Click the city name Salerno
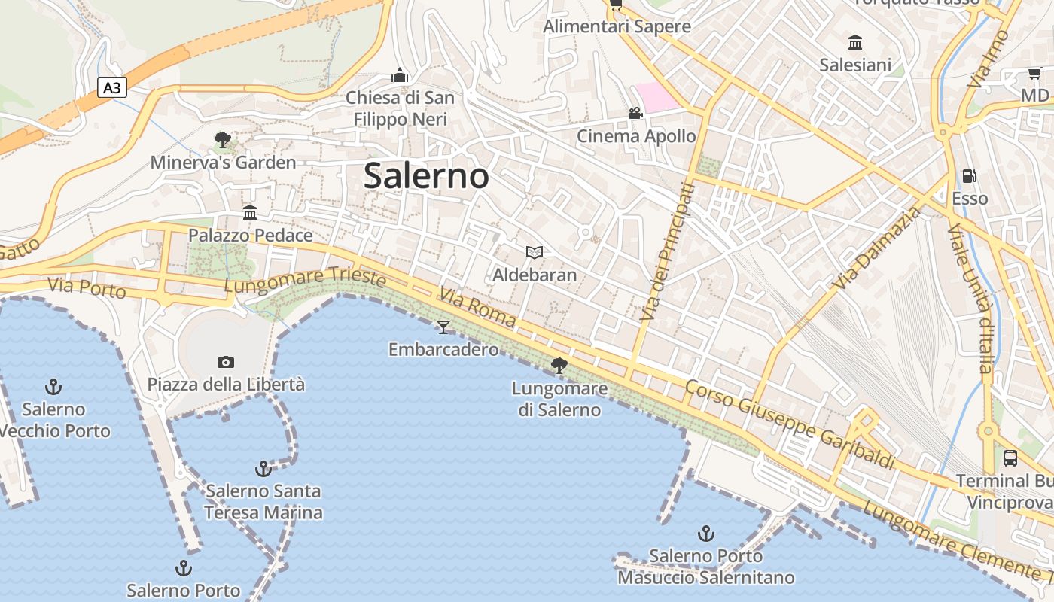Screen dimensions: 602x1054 coord(426,176)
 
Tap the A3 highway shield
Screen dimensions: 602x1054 coord(112,88)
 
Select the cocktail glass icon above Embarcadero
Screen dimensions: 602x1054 coord(443,327)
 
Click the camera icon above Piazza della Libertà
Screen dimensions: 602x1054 coord(226,362)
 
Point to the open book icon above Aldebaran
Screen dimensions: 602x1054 coord(535,252)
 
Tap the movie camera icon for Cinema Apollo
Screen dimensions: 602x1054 coord(636,114)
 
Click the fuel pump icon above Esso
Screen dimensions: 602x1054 coord(970,176)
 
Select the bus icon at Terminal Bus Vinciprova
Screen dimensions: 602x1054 coord(1010,458)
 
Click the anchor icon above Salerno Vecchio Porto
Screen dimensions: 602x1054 coord(53,387)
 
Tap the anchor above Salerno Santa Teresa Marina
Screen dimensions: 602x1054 coord(263,469)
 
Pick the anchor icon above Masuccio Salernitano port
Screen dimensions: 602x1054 coord(706,534)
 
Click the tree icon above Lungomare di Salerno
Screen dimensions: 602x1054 coord(559,366)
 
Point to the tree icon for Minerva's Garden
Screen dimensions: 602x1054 coord(222,139)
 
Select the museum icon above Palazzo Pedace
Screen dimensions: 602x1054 coord(250,212)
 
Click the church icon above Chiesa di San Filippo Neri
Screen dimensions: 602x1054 coord(400,75)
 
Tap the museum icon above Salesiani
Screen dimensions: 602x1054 coord(855,42)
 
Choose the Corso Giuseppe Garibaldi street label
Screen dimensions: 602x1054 coord(790,424)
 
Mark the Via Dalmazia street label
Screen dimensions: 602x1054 coord(877,248)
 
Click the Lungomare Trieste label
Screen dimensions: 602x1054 coord(305,279)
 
